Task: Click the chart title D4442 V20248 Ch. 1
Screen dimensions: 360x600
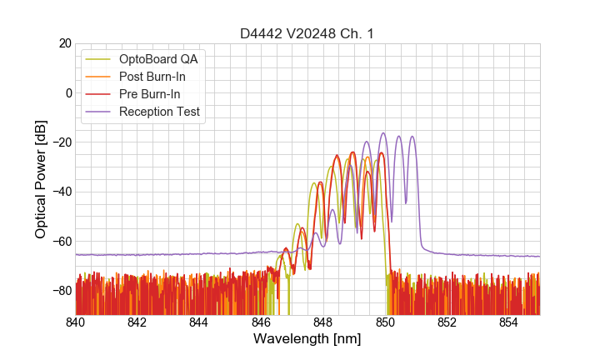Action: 307,34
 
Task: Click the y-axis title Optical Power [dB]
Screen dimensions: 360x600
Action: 41,179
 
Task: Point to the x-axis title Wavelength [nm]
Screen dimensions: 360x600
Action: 307,339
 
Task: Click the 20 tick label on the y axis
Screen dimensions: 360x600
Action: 64,43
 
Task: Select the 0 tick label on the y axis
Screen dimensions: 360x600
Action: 68,92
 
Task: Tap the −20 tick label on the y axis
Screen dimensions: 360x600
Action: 61,142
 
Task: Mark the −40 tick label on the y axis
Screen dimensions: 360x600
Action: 61,192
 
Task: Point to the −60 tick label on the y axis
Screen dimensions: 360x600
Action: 61,241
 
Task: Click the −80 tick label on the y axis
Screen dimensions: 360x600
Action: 61,290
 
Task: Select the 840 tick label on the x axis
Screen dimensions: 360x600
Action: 76,322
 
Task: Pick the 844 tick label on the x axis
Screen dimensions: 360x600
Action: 199,322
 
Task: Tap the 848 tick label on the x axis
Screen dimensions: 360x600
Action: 323,322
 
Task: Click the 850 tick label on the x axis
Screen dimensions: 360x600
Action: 385,322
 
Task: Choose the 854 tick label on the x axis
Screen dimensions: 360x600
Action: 508,322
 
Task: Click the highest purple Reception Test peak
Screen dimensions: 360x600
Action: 383,133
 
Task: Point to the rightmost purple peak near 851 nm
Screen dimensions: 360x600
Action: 412,137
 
